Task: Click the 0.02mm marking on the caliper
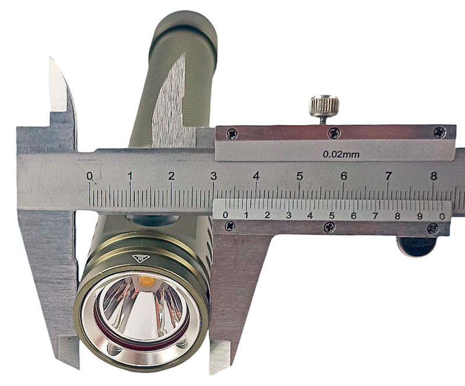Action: (341, 154)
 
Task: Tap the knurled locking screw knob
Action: (324, 106)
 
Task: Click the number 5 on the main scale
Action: (299, 176)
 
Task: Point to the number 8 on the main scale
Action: (433, 176)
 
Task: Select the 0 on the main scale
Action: (90, 176)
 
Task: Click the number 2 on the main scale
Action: (171, 176)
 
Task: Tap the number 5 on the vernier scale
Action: (331, 216)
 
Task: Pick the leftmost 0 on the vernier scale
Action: (226, 215)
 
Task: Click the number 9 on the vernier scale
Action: (420, 216)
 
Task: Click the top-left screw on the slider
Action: (232, 134)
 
